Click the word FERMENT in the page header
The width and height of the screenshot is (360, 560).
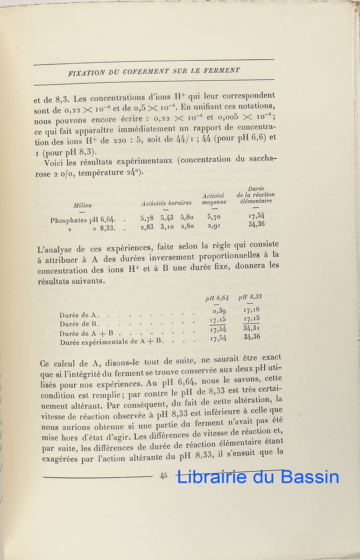click(223, 71)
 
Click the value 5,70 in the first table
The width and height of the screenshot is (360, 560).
click(214, 217)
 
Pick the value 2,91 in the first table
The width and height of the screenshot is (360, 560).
click(214, 226)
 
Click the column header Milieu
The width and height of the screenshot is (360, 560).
click(83, 205)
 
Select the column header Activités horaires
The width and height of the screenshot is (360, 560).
click(167, 203)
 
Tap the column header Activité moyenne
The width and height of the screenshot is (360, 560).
click(214, 199)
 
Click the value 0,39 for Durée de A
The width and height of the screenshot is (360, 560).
click(220, 311)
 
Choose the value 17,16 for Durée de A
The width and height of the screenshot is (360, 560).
click(252, 309)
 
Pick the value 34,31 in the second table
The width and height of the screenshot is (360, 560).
click(252, 328)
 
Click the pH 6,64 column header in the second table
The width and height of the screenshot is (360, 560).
click(218, 298)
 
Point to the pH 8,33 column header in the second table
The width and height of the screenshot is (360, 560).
click(250, 296)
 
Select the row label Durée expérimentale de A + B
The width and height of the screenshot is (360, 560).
click(111, 342)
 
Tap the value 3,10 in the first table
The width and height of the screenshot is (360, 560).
click(167, 227)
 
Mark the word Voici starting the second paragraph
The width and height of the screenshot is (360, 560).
click(54, 163)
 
